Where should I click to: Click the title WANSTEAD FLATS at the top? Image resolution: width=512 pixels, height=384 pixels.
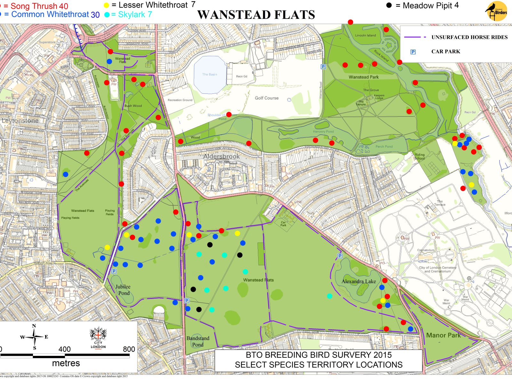coord(256,15)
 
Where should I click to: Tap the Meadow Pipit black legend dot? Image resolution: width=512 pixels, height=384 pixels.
coord(389,5)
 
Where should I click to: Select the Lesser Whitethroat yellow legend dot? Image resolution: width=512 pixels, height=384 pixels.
coord(106,5)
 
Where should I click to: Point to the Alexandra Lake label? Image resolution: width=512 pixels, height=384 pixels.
coord(359,281)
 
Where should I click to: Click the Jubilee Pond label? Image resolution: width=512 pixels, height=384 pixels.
coord(123,290)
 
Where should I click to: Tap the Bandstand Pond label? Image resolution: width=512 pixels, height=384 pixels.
coord(198,341)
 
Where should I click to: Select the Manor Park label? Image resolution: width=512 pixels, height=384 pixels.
coord(444,335)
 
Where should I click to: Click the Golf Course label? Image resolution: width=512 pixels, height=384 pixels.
coord(267,98)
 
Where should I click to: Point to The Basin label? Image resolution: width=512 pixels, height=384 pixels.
coord(210,74)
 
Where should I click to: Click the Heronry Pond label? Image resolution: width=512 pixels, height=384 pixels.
coord(323,132)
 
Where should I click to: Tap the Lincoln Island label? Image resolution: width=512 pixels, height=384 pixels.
coord(365,35)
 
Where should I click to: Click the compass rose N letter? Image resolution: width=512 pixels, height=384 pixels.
coord(34,326)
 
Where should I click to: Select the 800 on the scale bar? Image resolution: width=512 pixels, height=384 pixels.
coord(129,349)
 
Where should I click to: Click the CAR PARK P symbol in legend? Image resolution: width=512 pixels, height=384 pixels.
coord(413,52)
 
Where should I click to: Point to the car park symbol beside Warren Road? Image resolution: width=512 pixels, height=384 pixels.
coord(323,67)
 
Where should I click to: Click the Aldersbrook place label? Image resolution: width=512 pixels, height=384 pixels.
coord(221,156)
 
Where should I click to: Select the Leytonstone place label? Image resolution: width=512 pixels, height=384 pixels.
coord(20,121)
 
